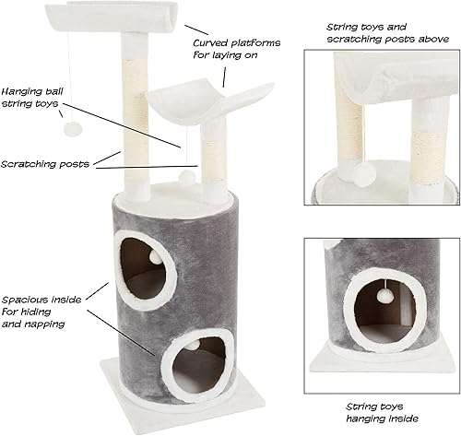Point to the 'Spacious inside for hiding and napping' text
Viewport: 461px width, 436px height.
coord(41,312)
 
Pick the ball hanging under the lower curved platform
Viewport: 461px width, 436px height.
coord(186,172)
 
